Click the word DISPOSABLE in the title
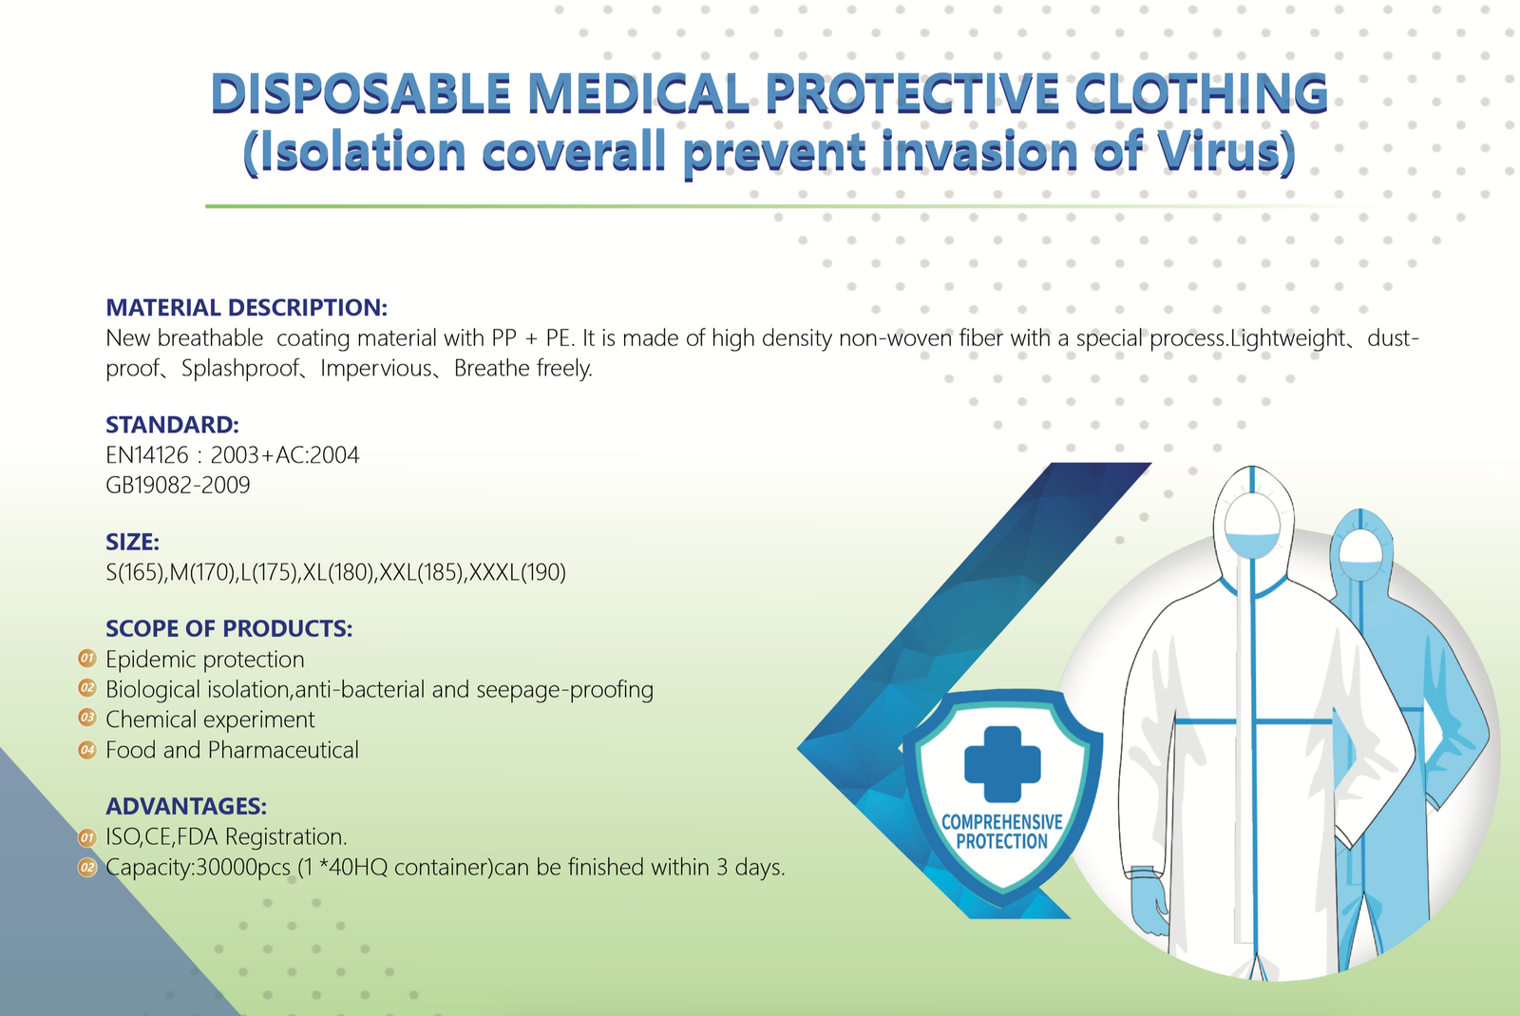pyautogui.click(x=361, y=93)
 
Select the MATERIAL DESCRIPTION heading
pyautogui.click(x=246, y=307)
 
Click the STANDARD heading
pyautogui.click(x=172, y=425)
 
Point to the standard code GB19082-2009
pyautogui.click(x=178, y=486)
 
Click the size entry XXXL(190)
pyautogui.click(x=517, y=572)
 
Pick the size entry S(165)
pyautogui.click(x=135, y=572)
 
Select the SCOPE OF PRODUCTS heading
pyautogui.click(x=229, y=628)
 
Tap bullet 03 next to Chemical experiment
pyautogui.click(x=87, y=718)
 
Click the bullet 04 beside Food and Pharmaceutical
pyautogui.click(x=87, y=750)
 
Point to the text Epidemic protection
pyautogui.click(x=205, y=660)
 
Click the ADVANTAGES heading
pyautogui.click(x=186, y=806)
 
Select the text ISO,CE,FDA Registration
pyautogui.click(x=227, y=836)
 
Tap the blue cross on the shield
pyautogui.click(x=1002, y=764)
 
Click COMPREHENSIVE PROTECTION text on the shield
pyautogui.click(x=1002, y=832)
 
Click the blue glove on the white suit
pyautogui.click(x=1150, y=903)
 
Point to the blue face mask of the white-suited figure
pyautogui.click(x=1253, y=545)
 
